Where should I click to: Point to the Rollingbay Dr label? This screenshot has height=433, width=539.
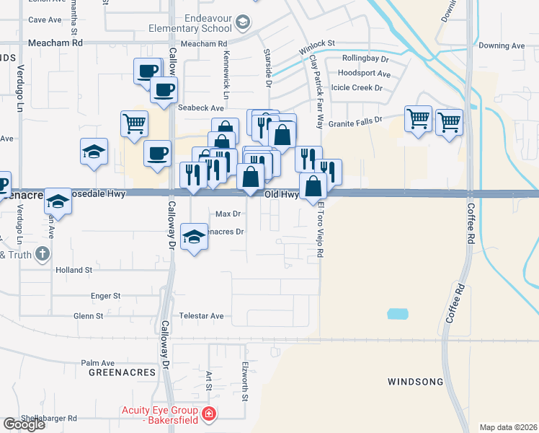(365, 58)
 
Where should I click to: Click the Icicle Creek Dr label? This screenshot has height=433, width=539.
(357, 87)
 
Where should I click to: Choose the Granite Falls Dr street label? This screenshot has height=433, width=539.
(355, 123)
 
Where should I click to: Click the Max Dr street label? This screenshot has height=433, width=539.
(228, 214)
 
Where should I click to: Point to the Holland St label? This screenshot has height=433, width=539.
(74, 269)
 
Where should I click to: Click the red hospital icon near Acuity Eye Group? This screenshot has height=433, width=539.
(208, 414)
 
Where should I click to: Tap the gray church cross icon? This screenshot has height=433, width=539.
(43, 253)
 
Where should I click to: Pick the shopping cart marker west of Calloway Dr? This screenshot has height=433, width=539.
(134, 124)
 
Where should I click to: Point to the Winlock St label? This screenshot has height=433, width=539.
(317, 48)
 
